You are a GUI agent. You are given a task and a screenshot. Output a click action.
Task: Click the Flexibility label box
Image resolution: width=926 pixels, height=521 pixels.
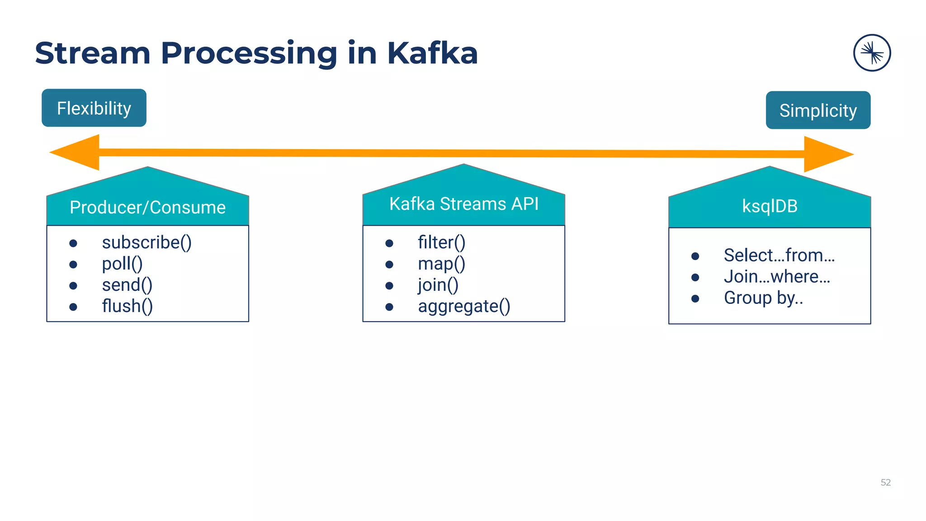[94, 108]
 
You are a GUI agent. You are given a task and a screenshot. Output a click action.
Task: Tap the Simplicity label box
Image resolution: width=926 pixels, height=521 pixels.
[818, 110]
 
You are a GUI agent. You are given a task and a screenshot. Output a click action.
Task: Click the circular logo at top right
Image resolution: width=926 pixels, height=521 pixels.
[872, 53]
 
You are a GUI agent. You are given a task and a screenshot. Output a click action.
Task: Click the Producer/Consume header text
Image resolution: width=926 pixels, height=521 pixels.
[147, 208]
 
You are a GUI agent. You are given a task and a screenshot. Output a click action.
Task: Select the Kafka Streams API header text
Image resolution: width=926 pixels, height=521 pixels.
[464, 204]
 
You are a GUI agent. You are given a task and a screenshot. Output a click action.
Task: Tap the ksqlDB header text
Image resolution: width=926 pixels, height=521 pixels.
[770, 206]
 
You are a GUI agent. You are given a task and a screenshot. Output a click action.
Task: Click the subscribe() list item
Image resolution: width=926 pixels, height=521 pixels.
[146, 242]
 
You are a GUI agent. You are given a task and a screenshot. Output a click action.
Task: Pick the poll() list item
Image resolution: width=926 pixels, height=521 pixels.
[122, 264]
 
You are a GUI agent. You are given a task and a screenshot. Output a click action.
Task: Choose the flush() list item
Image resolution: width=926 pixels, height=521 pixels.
[127, 306]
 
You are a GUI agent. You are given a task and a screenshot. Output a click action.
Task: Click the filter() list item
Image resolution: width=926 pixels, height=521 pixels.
[441, 242]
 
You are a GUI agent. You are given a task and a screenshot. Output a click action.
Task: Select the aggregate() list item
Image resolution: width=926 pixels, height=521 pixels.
[464, 306]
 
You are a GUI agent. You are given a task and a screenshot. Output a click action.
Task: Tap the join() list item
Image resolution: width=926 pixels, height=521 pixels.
[438, 285]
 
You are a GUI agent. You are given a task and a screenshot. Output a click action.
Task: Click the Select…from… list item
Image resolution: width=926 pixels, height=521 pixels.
[779, 256]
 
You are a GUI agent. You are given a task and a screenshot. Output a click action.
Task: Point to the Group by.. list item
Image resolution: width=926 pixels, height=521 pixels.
[763, 298]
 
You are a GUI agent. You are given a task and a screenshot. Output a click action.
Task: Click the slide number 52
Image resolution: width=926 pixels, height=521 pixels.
[885, 483]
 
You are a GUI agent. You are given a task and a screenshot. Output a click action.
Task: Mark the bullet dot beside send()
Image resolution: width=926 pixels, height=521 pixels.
[73, 286]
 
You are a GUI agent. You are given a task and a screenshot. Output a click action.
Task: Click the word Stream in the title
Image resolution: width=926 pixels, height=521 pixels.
[93, 53]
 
